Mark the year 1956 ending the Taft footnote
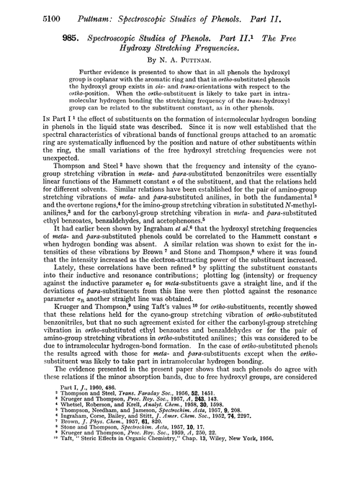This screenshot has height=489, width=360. click(x=269, y=482)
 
